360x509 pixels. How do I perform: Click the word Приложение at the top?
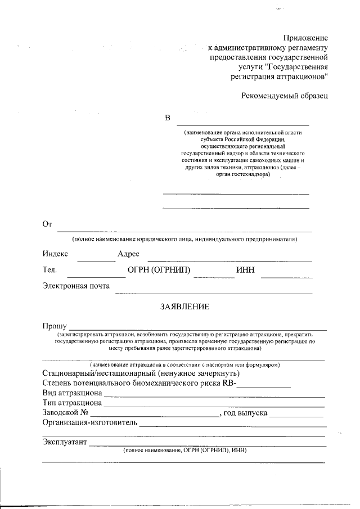pyautogui.click(x=305, y=37)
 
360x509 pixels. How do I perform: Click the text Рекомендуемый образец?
pyautogui.click(x=285, y=96)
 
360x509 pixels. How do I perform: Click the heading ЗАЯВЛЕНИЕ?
pyautogui.click(x=185, y=307)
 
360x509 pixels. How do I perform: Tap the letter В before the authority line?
pyautogui.click(x=167, y=118)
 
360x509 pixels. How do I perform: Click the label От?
pyautogui.click(x=47, y=224)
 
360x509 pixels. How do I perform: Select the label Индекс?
pyautogui.click(x=55, y=254)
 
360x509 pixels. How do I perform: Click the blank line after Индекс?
pyautogui.click(x=96, y=259)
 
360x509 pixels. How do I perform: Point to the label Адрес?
pyautogui.click(x=128, y=254)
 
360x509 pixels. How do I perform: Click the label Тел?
pyautogui.click(x=49, y=271)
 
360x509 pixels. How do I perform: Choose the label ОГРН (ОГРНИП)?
pyautogui.click(x=159, y=271)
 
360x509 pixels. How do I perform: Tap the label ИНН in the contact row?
pyautogui.click(x=245, y=271)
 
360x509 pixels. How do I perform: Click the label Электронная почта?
pyautogui.click(x=76, y=286)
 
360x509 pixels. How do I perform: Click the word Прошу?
pyautogui.click(x=55, y=326)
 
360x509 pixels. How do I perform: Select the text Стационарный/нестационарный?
pyautogui.click(x=98, y=373)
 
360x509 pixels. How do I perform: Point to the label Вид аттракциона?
pyautogui.click(x=72, y=393)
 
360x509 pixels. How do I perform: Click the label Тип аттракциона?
pyautogui.click(x=72, y=403)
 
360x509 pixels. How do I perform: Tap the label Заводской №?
pyautogui.click(x=65, y=413)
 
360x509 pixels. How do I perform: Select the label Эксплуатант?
pyautogui.click(x=65, y=442)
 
